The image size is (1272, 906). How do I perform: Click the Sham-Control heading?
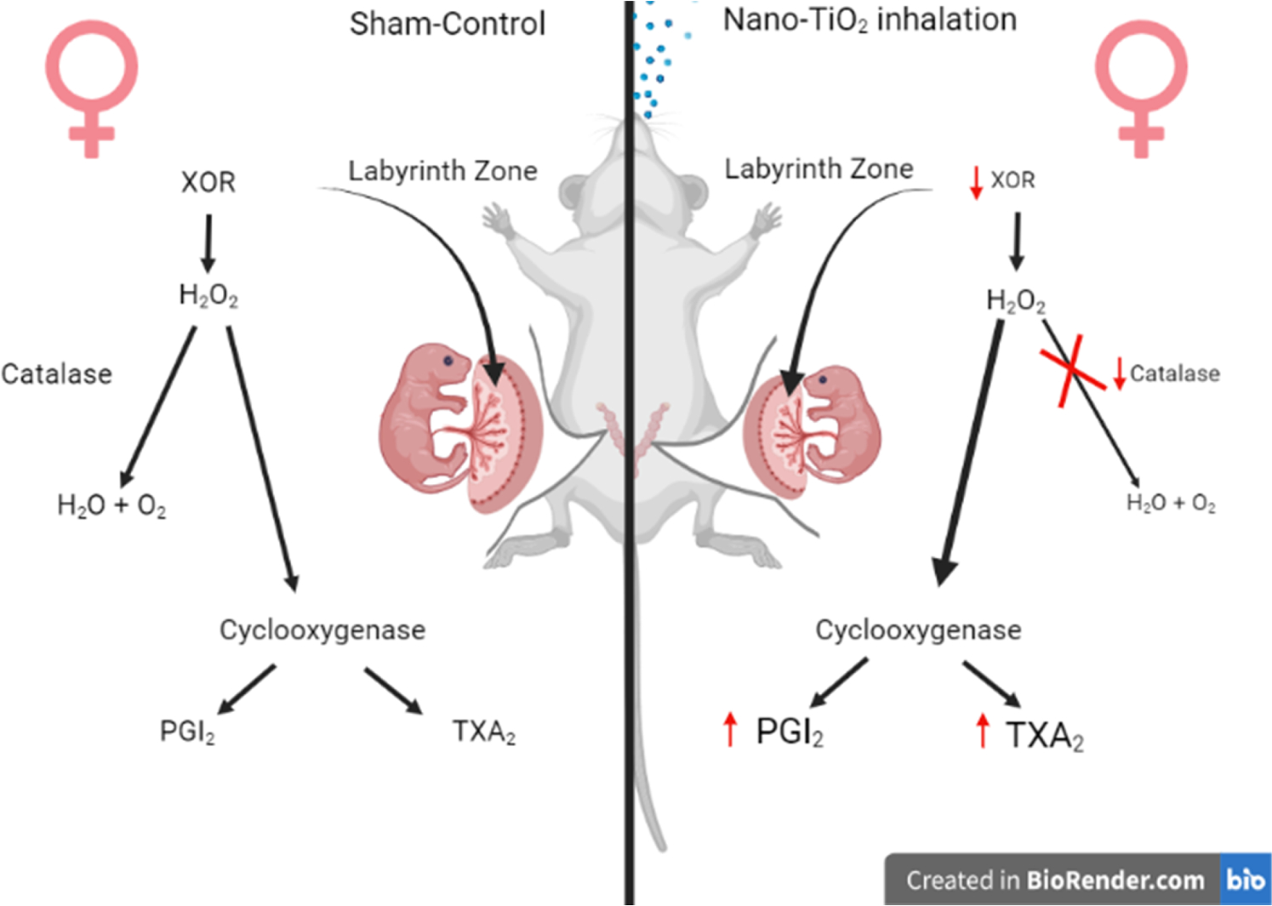448,24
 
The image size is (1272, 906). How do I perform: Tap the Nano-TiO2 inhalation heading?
870,20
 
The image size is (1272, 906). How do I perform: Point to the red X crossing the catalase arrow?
1072,370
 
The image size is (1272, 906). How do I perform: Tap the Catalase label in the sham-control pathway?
56,373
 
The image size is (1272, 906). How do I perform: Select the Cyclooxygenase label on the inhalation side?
918,630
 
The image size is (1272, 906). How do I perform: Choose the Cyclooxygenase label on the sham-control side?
322,630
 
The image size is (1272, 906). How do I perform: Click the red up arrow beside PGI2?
730,730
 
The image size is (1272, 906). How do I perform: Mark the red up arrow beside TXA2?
983,731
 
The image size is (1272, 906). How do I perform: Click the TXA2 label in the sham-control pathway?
483,731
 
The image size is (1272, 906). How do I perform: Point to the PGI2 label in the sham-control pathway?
187,731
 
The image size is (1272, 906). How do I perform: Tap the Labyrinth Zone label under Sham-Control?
442,171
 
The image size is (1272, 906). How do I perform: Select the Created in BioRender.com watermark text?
1055,880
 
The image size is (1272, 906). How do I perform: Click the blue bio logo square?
1245,880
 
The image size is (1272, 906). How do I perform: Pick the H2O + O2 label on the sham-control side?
111,506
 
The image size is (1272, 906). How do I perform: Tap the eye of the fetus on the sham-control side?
448,362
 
